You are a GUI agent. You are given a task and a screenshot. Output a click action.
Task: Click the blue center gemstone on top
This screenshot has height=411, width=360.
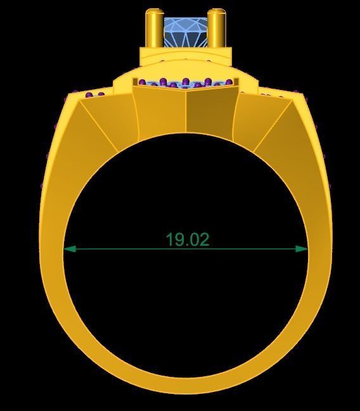click(x=186, y=32)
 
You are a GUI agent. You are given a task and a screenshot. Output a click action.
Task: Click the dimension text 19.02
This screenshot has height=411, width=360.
click(x=187, y=239)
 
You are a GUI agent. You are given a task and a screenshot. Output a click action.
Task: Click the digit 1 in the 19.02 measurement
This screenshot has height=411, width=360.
click(x=170, y=239)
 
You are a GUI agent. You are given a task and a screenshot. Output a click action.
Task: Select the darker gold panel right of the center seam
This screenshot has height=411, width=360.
click(x=209, y=114)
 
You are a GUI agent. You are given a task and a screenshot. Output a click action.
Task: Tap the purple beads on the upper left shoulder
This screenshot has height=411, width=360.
click(x=95, y=96)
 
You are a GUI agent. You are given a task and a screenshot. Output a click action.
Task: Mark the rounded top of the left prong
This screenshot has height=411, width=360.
click(x=153, y=11)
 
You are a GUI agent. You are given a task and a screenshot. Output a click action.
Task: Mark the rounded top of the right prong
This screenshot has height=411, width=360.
click(x=217, y=11)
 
